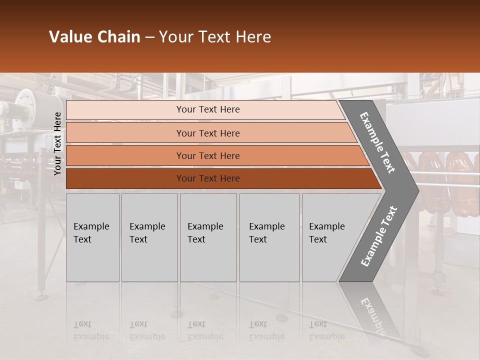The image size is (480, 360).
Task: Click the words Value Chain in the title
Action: [94, 37]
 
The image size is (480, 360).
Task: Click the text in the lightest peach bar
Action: [208, 109]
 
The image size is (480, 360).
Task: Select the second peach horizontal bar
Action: [208, 133]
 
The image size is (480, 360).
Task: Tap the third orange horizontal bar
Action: [208, 155]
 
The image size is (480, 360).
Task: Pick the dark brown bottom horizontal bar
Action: [208, 178]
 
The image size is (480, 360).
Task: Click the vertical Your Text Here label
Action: [58, 143]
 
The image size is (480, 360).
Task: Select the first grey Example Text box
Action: [92, 237]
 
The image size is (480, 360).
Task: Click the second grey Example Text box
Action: [149, 237]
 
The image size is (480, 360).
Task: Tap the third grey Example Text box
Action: [208, 237]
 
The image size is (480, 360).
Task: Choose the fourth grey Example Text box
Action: [269, 237]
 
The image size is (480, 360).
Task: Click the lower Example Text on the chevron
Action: [378, 236]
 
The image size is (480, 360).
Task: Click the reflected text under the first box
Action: [91, 330]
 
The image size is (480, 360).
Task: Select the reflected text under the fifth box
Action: [326, 330]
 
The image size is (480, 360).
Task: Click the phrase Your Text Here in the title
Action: [215, 37]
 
